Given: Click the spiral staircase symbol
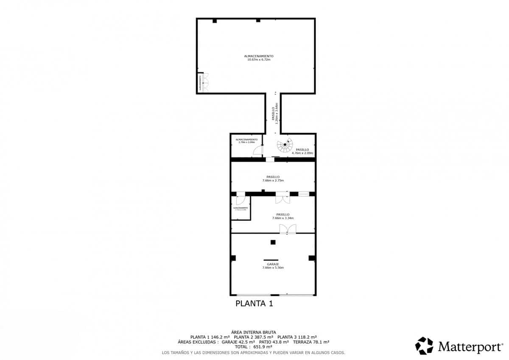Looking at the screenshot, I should point(285,146).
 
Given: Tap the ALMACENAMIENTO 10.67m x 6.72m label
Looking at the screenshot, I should point(258,58).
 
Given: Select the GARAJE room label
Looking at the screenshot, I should point(273,266).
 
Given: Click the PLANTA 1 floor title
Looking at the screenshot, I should point(254,304).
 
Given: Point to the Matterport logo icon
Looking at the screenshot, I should point(424,346).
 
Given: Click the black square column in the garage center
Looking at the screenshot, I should point(273,242).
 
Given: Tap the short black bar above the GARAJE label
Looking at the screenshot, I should point(271,260).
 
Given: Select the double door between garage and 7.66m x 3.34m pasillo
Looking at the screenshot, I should point(288,229).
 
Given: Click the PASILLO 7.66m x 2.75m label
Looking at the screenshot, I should point(273,179).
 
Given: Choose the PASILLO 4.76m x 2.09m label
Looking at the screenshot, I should point(302,151).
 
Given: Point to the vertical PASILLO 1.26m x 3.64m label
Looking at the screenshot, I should point(274,113).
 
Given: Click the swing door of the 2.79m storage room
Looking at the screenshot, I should point(258,151).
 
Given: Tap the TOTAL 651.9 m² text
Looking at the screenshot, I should point(254,346).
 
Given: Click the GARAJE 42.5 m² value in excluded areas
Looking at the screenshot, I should point(238,342).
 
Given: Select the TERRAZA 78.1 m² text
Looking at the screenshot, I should point(311,342).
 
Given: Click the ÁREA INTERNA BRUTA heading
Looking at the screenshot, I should point(254,332).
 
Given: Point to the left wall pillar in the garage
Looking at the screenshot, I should point(233,258).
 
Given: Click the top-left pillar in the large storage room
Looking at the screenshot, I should point(215,21).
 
